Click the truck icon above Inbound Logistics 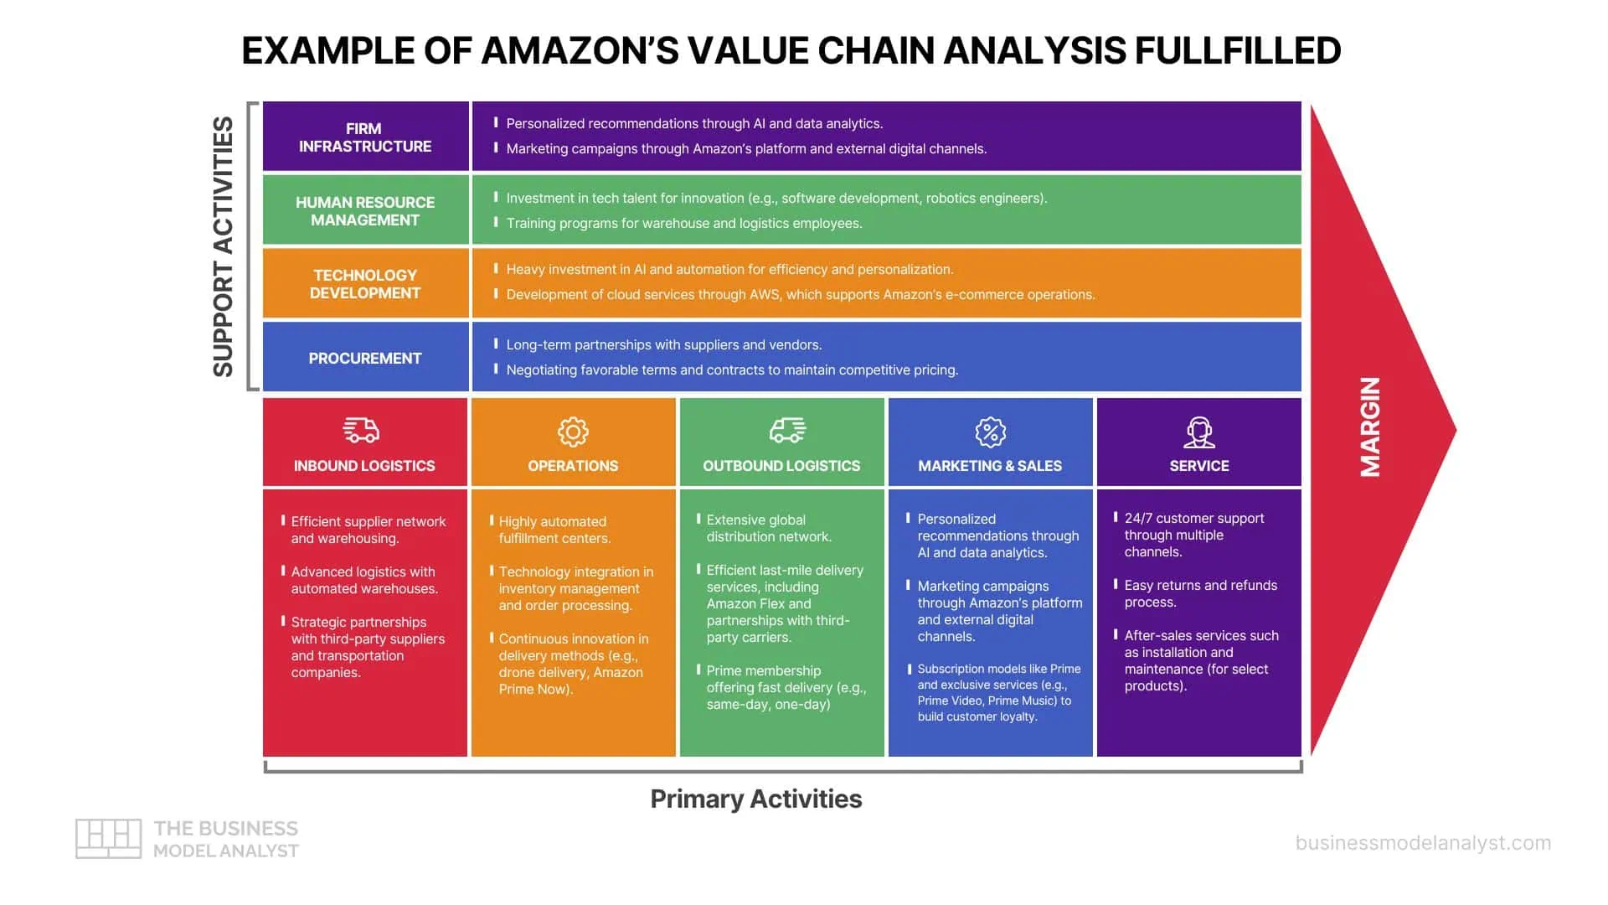[362, 431]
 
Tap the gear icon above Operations [573, 432]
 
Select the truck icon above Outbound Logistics [787, 431]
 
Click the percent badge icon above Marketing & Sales [990, 432]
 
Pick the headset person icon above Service [1199, 432]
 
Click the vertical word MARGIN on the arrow [1370, 427]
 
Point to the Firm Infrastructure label [365, 137]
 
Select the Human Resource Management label [365, 211]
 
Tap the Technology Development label [365, 284]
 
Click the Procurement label [365, 358]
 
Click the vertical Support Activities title [223, 246]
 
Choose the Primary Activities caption [755, 799]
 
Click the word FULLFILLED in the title [1238, 50]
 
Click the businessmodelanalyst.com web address [1423, 843]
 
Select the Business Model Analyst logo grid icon [108, 838]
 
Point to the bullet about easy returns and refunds [1200, 593]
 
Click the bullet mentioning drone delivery [573, 664]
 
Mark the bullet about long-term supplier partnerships [663, 344]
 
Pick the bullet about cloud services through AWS [800, 294]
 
